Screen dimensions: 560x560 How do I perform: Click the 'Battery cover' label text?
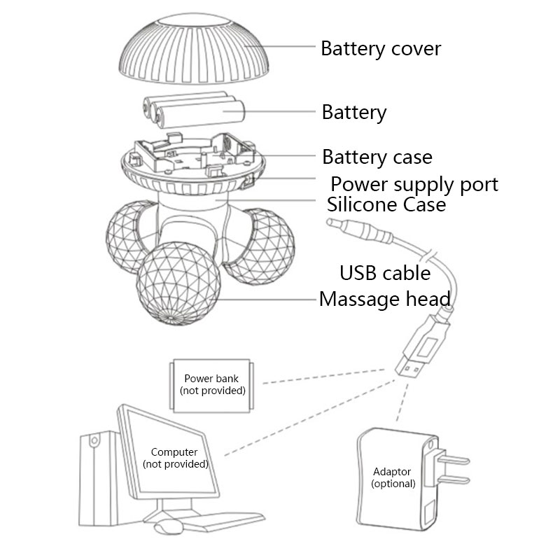381,49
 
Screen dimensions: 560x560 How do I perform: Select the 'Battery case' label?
377,157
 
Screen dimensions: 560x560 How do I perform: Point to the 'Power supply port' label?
414,184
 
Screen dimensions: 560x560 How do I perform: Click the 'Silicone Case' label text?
386,205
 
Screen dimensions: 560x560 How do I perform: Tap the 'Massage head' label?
384,300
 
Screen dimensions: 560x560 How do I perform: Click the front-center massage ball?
178,284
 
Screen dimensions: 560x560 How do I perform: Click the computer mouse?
165,527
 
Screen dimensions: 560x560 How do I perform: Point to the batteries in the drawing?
193,112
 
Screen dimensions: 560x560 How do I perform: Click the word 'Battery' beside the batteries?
353,112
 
